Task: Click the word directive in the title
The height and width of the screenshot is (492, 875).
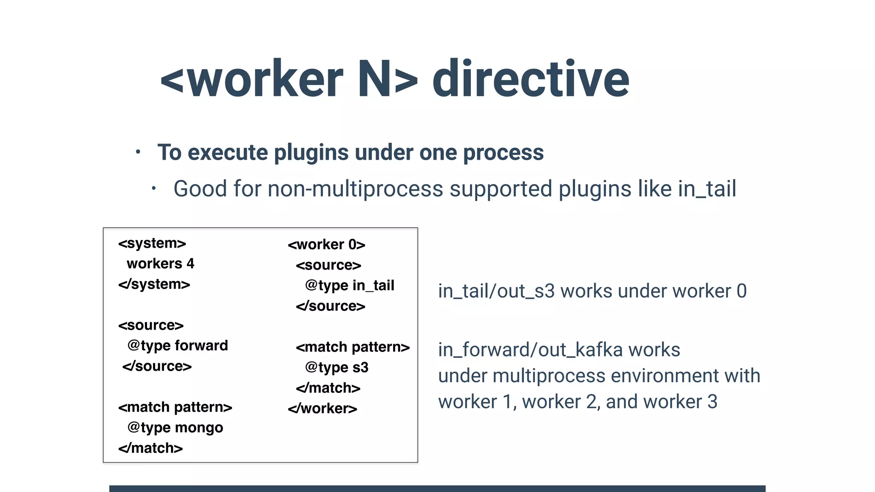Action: click(531, 79)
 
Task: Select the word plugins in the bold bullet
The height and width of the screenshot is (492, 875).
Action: click(311, 152)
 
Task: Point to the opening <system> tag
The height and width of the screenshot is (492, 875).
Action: click(152, 243)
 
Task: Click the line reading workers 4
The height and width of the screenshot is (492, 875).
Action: click(160, 264)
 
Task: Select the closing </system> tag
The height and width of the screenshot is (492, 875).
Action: click(154, 284)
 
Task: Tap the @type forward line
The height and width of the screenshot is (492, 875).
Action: click(177, 346)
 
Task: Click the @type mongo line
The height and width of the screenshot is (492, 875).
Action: click(175, 428)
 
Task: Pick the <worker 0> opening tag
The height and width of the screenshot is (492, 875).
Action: click(326, 245)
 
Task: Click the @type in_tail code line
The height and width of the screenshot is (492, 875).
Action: click(349, 285)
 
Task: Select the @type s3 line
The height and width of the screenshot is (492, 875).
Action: click(337, 367)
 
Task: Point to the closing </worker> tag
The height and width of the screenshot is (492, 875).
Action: click(322, 409)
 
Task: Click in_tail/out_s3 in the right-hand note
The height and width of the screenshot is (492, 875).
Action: click(496, 291)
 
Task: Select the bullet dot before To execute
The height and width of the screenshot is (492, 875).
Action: click(138, 152)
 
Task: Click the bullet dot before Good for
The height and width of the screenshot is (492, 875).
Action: click(154, 188)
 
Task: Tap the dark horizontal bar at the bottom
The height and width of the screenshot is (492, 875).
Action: click(437, 488)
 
